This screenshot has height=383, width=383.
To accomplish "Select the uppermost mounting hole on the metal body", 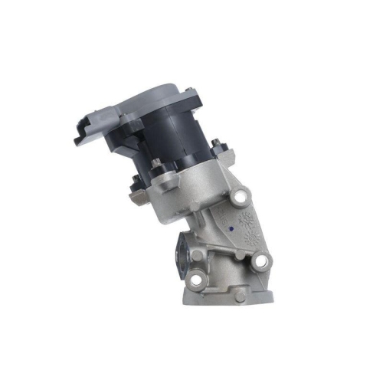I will pyautogui.click(x=242, y=198).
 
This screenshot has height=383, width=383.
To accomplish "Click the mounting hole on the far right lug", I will pyautogui.click(x=261, y=262).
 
